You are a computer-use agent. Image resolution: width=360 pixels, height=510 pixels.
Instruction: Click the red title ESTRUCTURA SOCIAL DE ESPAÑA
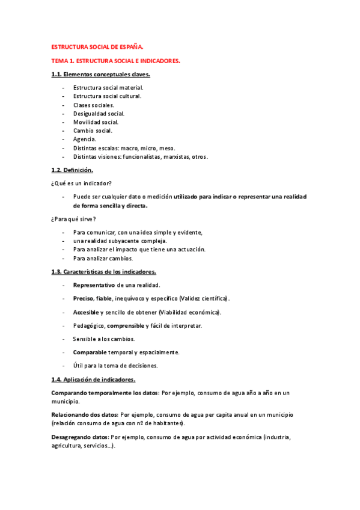point(97,46)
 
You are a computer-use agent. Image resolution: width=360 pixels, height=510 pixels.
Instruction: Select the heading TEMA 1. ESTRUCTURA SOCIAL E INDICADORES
point(116,61)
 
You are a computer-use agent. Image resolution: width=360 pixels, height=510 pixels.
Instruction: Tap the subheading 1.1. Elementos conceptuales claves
point(100,75)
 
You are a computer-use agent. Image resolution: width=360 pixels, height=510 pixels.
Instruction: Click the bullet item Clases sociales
point(94,105)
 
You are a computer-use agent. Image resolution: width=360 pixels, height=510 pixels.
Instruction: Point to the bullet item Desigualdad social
point(99,113)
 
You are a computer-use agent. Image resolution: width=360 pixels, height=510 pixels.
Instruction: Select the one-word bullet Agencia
point(84,139)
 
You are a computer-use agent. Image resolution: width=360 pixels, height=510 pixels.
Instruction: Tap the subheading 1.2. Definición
point(72,170)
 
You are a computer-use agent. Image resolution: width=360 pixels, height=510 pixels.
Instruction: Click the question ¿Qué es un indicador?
point(81,183)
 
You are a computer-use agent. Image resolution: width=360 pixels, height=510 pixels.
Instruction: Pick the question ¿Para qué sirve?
point(74,219)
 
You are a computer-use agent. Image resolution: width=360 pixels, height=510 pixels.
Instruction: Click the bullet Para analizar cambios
point(103,258)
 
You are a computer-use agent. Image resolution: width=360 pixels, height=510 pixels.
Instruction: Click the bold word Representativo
point(94,285)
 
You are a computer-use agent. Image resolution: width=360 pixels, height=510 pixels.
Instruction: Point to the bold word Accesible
point(87,312)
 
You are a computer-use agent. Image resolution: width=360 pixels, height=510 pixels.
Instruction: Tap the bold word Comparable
point(90,352)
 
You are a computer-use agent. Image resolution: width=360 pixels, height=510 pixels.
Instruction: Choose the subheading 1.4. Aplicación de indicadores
point(94,379)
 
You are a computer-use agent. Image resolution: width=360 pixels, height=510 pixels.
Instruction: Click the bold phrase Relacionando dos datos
point(85,414)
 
